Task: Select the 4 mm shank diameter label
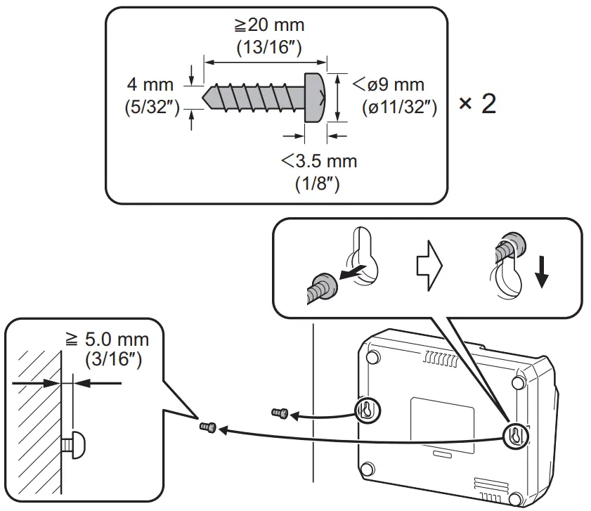coord(150,85)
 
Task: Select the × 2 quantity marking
coord(478,104)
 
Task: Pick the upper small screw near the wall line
coord(278,413)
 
